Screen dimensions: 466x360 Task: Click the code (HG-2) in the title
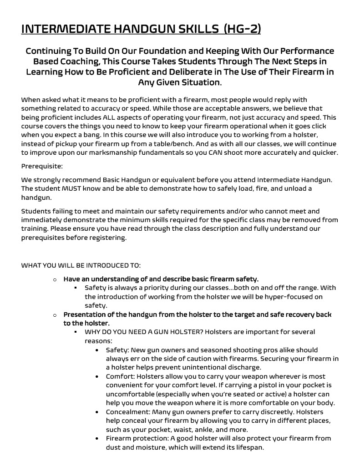(243, 29)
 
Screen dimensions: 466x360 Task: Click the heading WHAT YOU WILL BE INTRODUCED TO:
(81, 265)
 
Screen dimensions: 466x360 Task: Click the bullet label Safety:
(117, 350)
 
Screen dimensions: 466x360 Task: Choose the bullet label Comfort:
(120, 376)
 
